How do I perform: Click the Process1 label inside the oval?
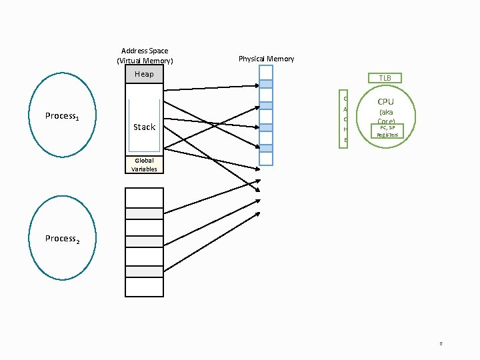pyautogui.click(x=62, y=116)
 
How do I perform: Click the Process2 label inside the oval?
pyautogui.click(x=62, y=239)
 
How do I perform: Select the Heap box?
pyautogui.click(x=144, y=74)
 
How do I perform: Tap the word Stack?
pyautogui.click(x=144, y=127)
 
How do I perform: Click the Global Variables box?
pyautogui.click(x=144, y=165)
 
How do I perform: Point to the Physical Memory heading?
pyautogui.click(x=266, y=59)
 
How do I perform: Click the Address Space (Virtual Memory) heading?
pyautogui.click(x=145, y=55)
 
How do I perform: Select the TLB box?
pyautogui.click(x=385, y=78)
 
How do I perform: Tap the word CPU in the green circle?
pyautogui.click(x=385, y=102)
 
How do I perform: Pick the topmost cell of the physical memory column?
pyautogui.click(x=266, y=72)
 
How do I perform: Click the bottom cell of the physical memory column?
pyautogui.click(x=266, y=159)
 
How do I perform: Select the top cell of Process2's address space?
pyautogui.click(x=144, y=197)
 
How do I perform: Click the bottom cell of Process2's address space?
pyautogui.click(x=144, y=287)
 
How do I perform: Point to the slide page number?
pyautogui.click(x=441, y=344)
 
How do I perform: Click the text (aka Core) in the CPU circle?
pyautogui.click(x=385, y=117)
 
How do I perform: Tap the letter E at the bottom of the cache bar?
pyautogui.click(x=345, y=140)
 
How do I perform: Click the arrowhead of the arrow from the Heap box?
pyautogui.click(x=258, y=85)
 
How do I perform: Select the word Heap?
pyautogui.click(x=144, y=74)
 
